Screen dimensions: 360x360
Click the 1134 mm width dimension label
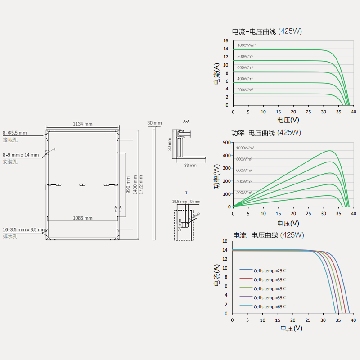[x=82, y=124]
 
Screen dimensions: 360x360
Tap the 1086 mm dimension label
[x=82, y=218]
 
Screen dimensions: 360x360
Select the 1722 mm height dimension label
[x=141, y=184]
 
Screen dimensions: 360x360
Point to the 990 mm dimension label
[x=128, y=184]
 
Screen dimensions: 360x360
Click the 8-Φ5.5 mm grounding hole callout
[x=15, y=133]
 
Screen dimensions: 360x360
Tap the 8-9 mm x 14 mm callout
[x=21, y=155]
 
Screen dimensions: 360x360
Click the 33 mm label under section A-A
[x=190, y=165]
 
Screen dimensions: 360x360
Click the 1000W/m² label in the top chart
[x=246, y=45]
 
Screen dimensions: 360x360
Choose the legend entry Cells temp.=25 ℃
[x=270, y=271]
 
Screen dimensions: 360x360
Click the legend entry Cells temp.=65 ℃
[x=270, y=307]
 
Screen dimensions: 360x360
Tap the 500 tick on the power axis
[x=226, y=143]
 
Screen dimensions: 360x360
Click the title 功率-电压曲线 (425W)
[x=266, y=133]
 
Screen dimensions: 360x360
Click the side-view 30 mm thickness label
[x=154, y=123]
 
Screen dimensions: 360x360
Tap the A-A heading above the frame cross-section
[x=186, y=121]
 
